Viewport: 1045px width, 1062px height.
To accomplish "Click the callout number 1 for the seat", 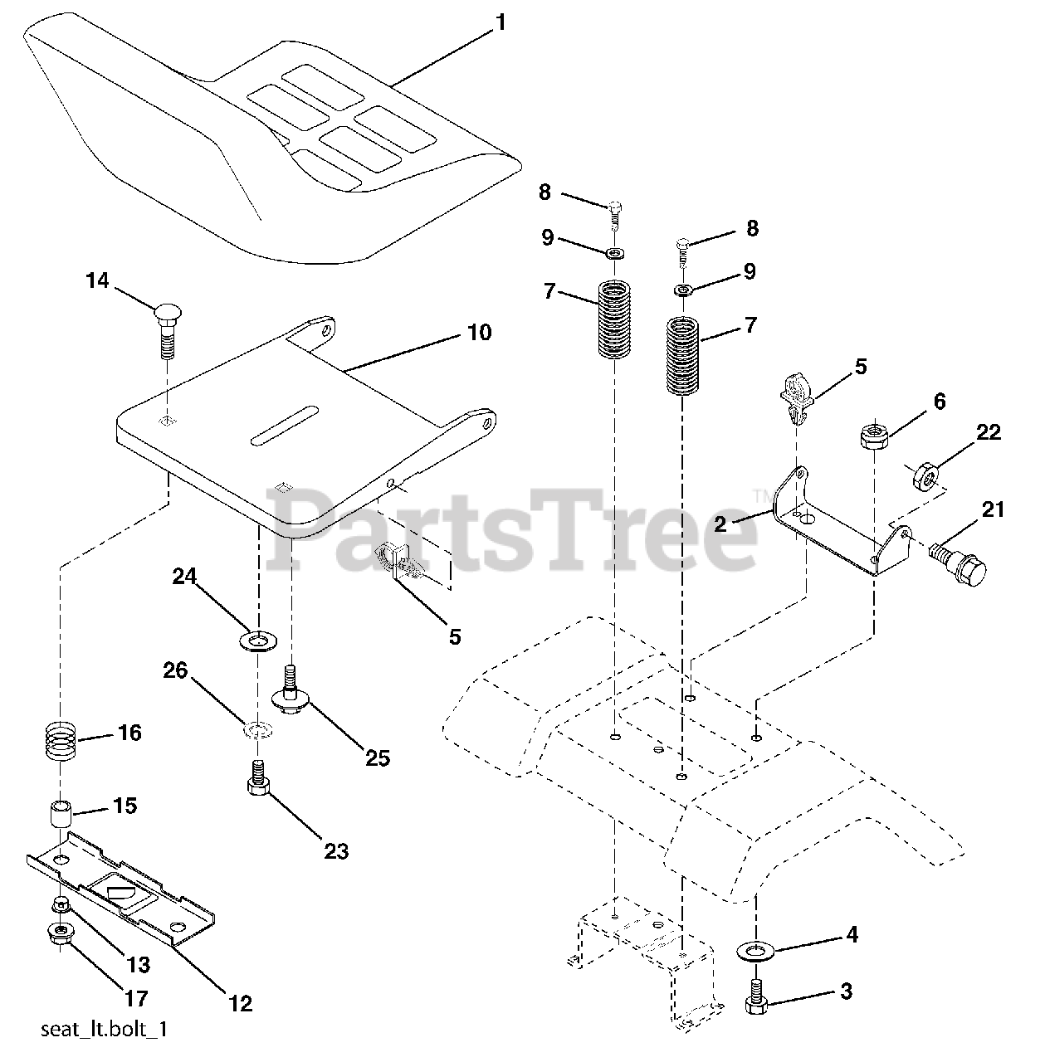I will tap(499, 22).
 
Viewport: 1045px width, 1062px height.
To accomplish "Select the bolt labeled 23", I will tap(257, 777).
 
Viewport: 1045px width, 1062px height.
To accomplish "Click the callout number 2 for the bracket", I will tap(720, 524).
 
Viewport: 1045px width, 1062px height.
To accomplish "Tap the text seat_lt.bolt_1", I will tap(105, 1030).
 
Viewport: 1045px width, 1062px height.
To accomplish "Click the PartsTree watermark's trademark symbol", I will tap(759, 497).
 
